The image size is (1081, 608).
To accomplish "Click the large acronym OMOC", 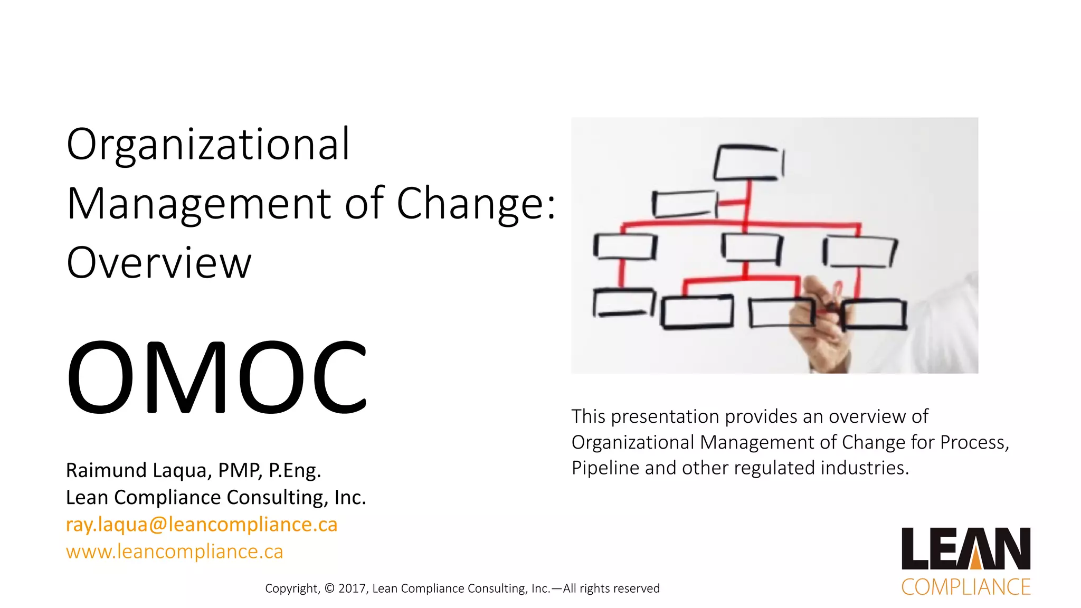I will (216, 377).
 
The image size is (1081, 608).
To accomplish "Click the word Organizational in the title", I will (208, 145).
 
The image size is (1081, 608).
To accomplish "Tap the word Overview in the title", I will (159, 263).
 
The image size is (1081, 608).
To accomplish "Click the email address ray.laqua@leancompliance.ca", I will (201, 525).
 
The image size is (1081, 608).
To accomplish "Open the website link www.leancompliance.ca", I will (174, 552).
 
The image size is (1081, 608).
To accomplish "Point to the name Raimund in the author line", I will (106, 470).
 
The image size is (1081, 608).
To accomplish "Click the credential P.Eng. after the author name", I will (295, 470).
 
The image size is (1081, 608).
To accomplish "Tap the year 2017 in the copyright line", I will (352, 588).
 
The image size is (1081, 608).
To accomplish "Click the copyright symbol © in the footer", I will (330, 588).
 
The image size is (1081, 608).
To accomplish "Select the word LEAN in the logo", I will (965, 549).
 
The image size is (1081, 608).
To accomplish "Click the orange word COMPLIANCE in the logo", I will (965, 587).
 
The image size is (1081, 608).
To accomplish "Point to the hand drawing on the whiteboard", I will (818, 327).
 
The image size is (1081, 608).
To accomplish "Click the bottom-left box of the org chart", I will (623, 303).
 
